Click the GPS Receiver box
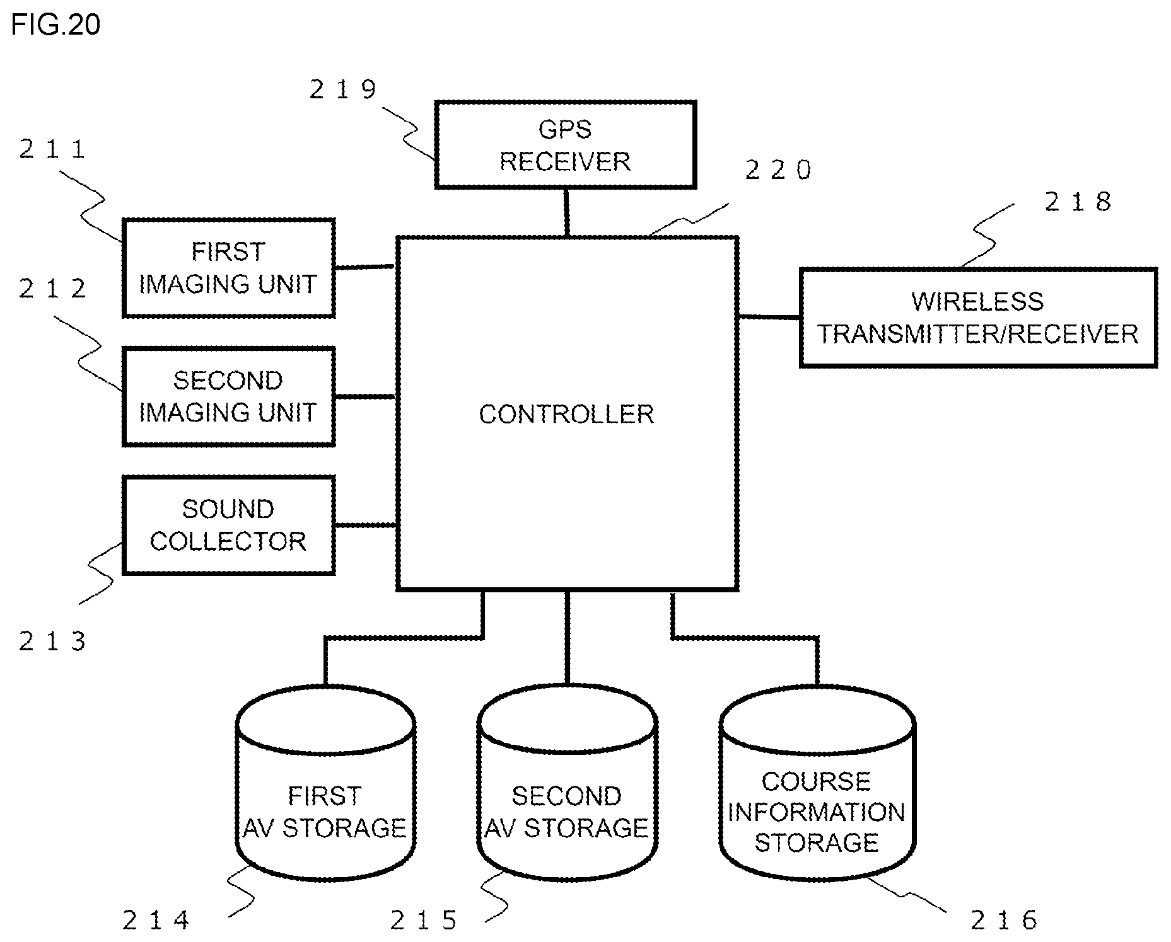tap(566, 144)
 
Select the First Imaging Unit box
tap(228, 268)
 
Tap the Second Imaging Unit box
tap(228, 396)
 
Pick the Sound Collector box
tap(228, 525)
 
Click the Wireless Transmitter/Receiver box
tap(978, 318)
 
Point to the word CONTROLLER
tap(566, 414)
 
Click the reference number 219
tap(343, 89)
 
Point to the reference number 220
tap(778, 170)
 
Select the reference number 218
tap(1078, 202)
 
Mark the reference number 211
tap(52, 149)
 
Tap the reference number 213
tap(52, 641)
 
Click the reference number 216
tap(1004, 921)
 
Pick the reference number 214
tap(156, 921)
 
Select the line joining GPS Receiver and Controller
tap(566, 212)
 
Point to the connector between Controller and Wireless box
tap(769, 316)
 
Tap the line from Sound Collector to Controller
tap(366, 525)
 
